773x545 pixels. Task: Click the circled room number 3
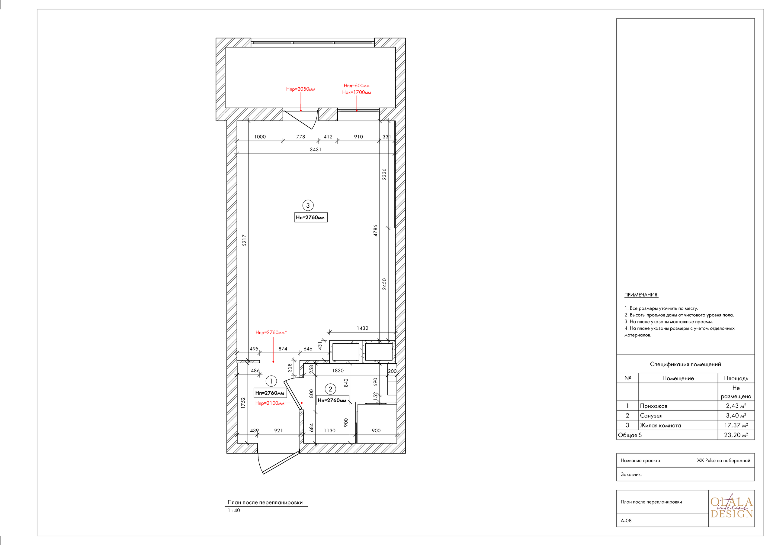(308, 205)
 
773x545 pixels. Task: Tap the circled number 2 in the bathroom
(330, 389)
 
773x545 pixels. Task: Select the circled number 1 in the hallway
(271, 381)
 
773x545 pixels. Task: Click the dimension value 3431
(316, 149)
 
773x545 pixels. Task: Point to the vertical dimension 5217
(244, 240)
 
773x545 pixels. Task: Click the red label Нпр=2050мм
(301, 89)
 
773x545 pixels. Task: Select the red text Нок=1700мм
(357, 92)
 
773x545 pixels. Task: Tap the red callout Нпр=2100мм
(270, 403)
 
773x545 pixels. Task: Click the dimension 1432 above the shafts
(363, 328)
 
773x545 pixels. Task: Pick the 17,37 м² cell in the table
(736, 425)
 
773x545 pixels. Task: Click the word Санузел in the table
(651, 416)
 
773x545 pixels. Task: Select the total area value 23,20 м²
(736, 435)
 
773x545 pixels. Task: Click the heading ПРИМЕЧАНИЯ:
(641, 295)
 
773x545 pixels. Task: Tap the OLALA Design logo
(731, 508)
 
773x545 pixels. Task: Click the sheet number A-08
(626, 521)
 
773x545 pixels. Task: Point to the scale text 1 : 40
(234, 510)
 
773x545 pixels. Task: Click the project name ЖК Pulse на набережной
(723, 460)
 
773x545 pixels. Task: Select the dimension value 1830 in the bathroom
(338, 370)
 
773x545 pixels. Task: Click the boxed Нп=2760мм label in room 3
(310, 217)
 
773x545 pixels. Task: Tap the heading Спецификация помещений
(685, 364)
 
